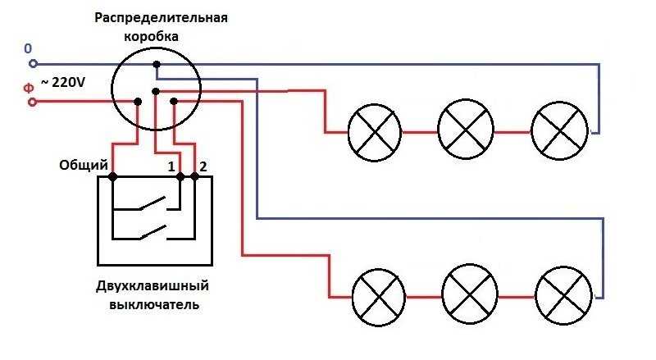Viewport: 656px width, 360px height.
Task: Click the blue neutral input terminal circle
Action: click(x=33, y=63)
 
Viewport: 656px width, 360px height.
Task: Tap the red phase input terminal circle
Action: click(x=33, y=102)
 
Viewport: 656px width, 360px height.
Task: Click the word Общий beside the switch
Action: click(x=84, y=166)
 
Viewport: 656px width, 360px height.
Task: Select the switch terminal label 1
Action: click(x=172, y=166)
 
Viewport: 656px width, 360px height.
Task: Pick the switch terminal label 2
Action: click(x=203, y=166)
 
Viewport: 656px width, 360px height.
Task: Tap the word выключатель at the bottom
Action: click(x=154, y=306)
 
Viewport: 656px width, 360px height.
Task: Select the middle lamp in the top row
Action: click(x=466, y=131)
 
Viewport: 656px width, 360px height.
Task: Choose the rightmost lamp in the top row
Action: click(x=559, y=131)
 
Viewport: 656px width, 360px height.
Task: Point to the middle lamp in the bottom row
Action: click(x=469, y=296)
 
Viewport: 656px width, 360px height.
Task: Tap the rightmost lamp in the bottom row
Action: click(x=563, y=296)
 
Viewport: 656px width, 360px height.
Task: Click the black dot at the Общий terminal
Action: click(x=112, y=176)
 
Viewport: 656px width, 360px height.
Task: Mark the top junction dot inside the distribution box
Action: click(x=157, y=64)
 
